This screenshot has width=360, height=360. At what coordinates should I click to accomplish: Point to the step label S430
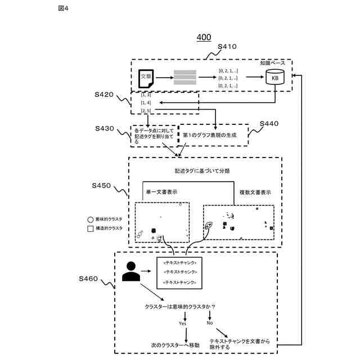[x=105, y=129]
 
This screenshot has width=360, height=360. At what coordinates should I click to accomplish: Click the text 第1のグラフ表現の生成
[x=210, y=136]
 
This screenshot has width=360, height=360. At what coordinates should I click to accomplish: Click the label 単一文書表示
[x=161, y=192]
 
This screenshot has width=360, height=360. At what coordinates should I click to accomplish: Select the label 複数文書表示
[x=255, y=192]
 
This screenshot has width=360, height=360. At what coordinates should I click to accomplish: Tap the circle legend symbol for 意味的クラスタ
[x=90, y=219]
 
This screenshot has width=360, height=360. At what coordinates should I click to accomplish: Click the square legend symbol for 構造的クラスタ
[x=90, y=228]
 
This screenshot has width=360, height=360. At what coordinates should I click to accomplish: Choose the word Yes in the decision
[x=182, y=323]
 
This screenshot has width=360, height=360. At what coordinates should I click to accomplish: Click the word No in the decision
[x=210, y=323]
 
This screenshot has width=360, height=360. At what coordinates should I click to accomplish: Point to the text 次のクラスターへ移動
[x=175, y=344]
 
